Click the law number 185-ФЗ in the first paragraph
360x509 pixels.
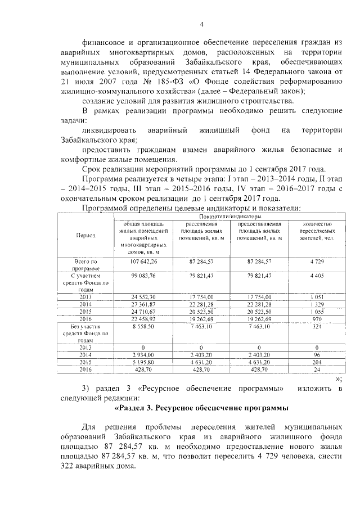click(173, 82)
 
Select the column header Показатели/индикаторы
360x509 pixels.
click(230, 216)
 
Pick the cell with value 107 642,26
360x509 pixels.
click(143, 262)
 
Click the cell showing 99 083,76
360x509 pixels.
click(143, 276)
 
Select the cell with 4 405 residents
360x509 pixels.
click(316, 276)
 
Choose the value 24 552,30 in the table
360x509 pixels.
click(143, 296)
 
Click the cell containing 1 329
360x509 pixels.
click(316, 304)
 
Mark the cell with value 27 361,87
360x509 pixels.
click(143, 304)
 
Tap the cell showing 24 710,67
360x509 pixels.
click(143, 311)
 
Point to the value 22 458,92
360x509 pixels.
click(143, 318)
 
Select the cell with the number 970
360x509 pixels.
click(316, 318)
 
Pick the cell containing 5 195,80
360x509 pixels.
click(143, 362)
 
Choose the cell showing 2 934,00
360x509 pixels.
click(143, 355)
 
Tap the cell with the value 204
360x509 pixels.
click(316, 362)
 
